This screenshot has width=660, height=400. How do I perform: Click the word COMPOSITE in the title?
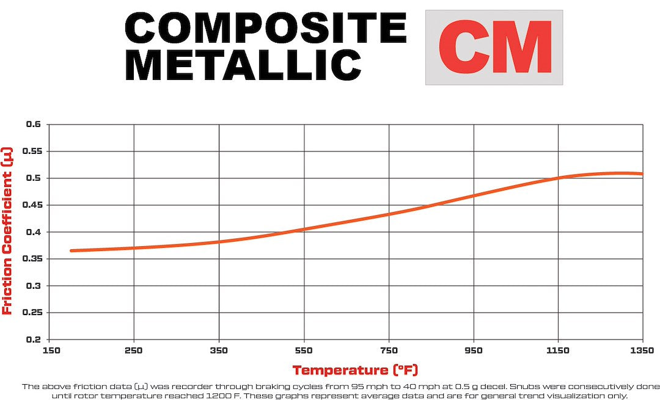point(266,29)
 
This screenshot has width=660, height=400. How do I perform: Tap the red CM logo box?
point(494,47)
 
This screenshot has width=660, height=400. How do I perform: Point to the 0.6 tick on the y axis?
point(33,125)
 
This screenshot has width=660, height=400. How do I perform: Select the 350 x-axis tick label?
point(219,351)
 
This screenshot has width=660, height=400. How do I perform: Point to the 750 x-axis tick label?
point(389,351)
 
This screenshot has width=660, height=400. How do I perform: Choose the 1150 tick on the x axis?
point(559,351)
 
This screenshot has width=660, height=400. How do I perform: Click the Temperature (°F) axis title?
point(354,370)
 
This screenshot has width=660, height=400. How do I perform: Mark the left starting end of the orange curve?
point(71,250)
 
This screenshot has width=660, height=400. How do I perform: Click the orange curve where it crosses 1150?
point(559,178)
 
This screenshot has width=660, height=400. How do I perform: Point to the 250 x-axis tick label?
point(134,351)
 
